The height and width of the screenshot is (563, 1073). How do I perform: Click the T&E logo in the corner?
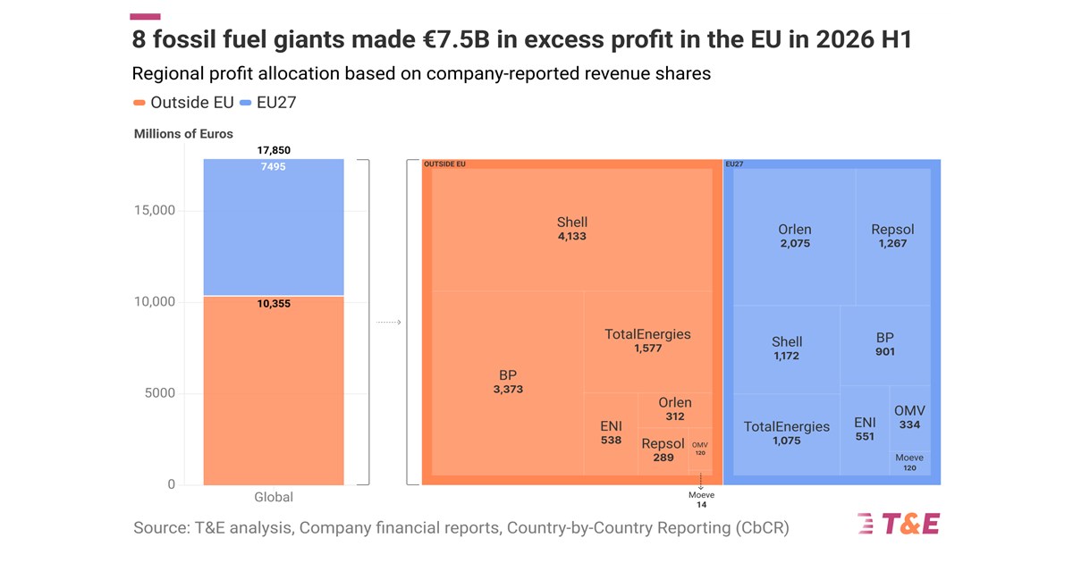[x=898, y=524]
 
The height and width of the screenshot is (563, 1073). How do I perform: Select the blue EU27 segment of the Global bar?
[x=274, y=227]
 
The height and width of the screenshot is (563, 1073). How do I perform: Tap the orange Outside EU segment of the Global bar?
[x=274, y=391]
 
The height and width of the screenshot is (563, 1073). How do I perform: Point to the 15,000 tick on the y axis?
[x=155, y=210]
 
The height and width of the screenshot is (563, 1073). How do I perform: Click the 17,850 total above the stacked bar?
[x=274, y=150]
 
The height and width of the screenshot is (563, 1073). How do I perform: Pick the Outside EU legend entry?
[x=183, y=103]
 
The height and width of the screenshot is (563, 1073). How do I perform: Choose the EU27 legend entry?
[x=267, y=103]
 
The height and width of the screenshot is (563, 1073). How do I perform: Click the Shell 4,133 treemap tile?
[x=572, y=230]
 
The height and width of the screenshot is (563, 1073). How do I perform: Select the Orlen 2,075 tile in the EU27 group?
[x=795, y=237]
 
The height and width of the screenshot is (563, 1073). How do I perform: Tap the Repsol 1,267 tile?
[x=893, y=237]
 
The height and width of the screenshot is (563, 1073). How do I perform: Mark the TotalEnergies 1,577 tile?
[x=648, y=341]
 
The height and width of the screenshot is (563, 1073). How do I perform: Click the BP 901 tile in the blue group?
[x=885, y=345]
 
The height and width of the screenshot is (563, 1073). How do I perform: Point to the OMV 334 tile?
[x=909, y=418]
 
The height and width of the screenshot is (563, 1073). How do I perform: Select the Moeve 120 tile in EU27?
[x=909, y=464]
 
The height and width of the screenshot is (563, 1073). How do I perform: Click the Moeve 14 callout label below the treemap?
[x=701, y=500]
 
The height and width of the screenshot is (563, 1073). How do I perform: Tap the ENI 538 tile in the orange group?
[x=611, y=433]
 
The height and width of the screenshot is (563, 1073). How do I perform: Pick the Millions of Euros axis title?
[x=183, y=134]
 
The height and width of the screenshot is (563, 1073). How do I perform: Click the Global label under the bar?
[x=274, y=497]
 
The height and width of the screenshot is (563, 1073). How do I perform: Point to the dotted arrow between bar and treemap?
[x=388, y=323]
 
